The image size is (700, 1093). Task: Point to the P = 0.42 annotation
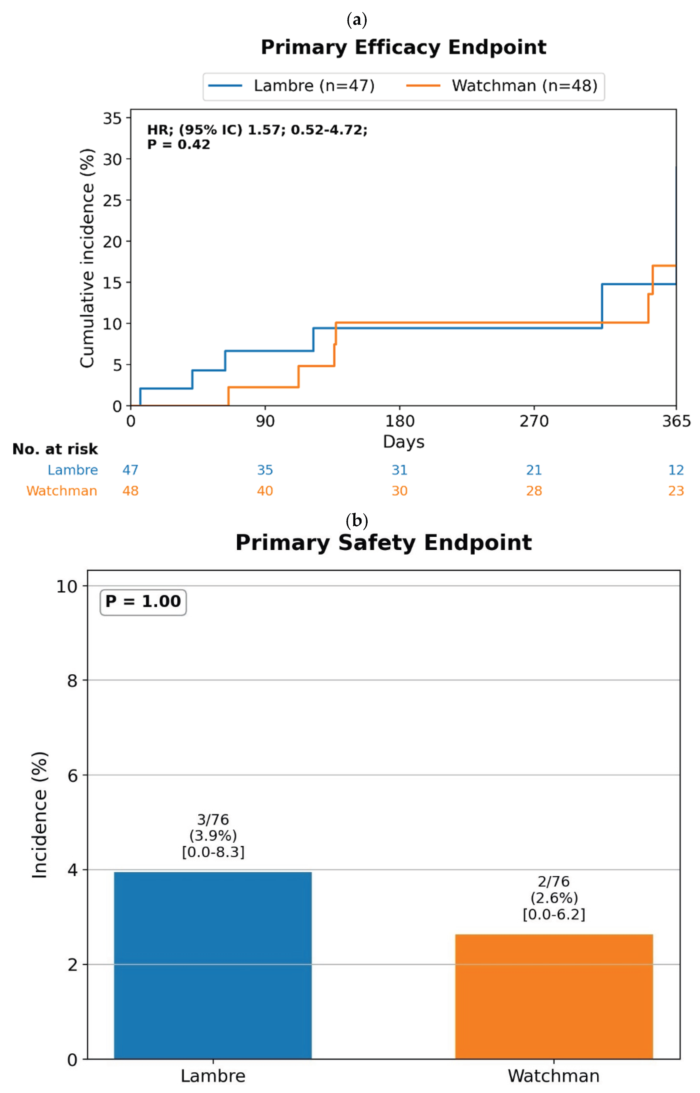(x=179, y=145)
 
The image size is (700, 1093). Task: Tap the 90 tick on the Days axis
(x=265, y=421)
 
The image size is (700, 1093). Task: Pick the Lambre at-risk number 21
(x=534, y=470)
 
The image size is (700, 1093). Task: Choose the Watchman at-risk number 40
(x=265, y=491)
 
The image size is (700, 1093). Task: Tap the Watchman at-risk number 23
(x=676, y=491)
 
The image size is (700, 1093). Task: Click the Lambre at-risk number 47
(x=130, y=470)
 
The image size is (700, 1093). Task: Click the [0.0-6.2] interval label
(x=554, y=915)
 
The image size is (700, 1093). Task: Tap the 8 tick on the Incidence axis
(x=72, y=681)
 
